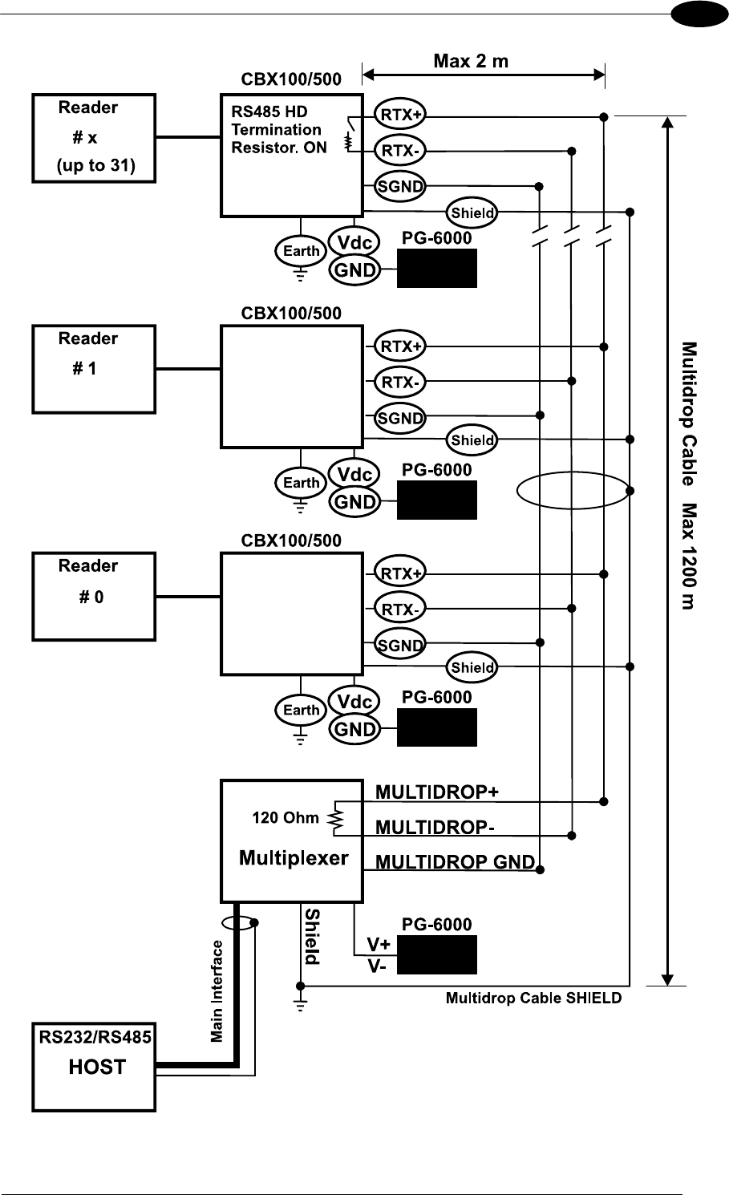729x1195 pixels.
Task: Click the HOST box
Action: click(94, 1066)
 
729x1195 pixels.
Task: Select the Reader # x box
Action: click(94, 137)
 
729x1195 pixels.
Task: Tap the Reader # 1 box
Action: click(94, 368)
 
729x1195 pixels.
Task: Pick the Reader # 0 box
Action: click(94, 595)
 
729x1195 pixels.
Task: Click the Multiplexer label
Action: click(294, 858)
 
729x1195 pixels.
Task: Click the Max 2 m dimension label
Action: click(471, 61)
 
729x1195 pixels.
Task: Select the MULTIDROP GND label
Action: click(455, 862)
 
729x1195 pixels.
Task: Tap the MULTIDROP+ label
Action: click(437, 792)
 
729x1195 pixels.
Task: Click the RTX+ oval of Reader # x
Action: click(401, 115)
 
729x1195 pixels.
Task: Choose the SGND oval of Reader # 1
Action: click(400, 417)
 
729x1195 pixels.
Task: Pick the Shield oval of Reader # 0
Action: click(472, 667)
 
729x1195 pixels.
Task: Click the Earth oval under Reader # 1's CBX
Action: click(302, 483)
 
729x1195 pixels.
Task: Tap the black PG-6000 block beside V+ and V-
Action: click(437, 954)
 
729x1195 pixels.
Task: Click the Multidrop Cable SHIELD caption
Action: click(533, 999)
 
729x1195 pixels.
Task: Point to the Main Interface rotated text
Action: click(217, 991)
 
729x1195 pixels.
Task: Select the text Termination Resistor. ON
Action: click(278, 139)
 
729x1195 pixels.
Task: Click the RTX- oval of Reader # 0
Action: click(400, 610)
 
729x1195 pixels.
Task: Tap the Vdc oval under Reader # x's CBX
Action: click(354, 243)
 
